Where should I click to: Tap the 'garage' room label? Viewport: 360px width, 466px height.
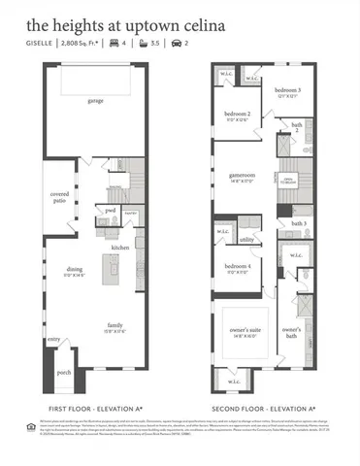click(x=95, y=100)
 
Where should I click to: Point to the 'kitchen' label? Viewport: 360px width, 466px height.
click(x=119, y=249)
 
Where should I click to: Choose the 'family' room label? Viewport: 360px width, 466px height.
click(x=115, y=325)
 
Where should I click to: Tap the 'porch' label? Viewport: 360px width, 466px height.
click(x=64, y=372)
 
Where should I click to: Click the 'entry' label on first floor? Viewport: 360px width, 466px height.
click(x=52, y=340)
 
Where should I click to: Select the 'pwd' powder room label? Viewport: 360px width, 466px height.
click(x=111, y=211)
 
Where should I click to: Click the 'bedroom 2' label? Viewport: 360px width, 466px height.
click(x=238, y=114)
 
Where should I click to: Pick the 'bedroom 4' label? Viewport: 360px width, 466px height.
click(x=238, y=266)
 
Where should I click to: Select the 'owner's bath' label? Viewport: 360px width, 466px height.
click(x=291, y=330)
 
